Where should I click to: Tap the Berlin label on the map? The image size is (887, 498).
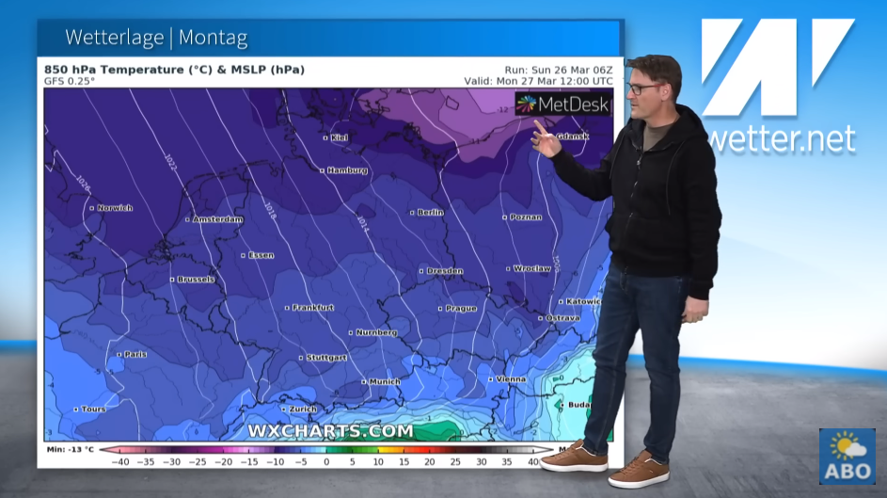pyautogui.click(x=429, y=213)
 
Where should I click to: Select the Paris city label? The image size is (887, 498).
pyautogui.click(x=135, y=354)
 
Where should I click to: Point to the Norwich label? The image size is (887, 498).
pyautogui.click(x=115, y=207)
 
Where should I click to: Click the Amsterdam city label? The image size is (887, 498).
pyautogui.click(x=218, y=219)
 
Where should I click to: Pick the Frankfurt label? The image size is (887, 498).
pyautogui.click(x=313, y=307)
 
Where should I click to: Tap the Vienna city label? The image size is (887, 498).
pyautogui.click(x=512, y=379)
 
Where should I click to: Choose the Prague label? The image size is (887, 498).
pyautogui.click(x=461, y=308)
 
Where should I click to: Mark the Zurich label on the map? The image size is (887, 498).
pyautogui.click(x=302, y=410)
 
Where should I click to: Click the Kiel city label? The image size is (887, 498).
pyautogui.click(x=338, y=137)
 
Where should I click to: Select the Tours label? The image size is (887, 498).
pyautogui.click(x=93, y=410)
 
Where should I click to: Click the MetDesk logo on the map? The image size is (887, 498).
pyautogui.click(x=563, y=104)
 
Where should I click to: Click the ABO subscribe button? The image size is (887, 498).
pyautogui.click(x=847, y=457)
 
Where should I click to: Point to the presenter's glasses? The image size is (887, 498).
pyautogui.click(x=643, y=88)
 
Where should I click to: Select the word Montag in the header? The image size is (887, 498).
pyautogui.click(x=213, y=39)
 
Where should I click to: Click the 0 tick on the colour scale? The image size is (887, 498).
pyautogui.click(x=326, y=461)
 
